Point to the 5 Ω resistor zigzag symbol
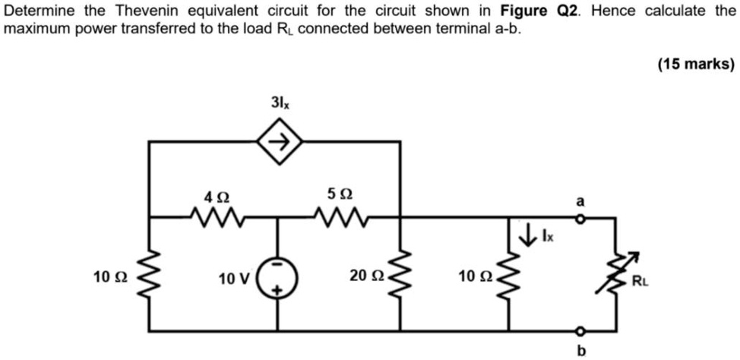click(340, 218)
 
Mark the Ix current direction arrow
click(525, 237)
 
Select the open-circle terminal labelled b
click(581, 331)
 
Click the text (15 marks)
click(696, 65)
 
